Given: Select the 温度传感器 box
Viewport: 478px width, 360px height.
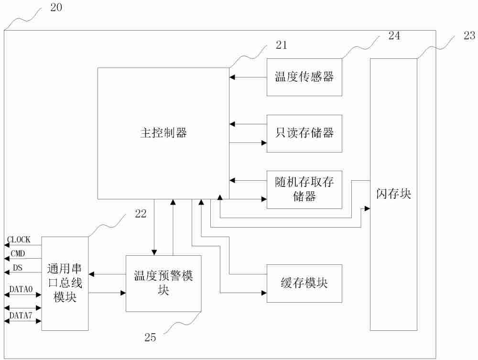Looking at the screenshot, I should click(304, 77).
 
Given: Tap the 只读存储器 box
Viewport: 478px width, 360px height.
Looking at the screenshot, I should click(304, 133).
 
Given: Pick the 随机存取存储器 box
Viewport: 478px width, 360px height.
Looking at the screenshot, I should click(304, 189).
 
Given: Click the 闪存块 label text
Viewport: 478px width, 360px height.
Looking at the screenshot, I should click(393, 194).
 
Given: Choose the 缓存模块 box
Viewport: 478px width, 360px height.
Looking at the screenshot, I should click(304, 283).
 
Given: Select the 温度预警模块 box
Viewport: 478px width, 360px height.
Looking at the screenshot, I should click(163, 283).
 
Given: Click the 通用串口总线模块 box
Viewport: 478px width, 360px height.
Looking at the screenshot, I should click(65, 283).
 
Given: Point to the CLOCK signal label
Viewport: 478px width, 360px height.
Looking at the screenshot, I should click(19, 240).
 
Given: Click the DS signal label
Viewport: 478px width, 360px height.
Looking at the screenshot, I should click(17, 267).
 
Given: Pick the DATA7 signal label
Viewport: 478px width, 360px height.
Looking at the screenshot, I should click(21, 315).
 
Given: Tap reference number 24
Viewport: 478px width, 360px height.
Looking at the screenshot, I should click(394, 36).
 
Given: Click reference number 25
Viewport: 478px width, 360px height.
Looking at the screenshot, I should click(150, 337).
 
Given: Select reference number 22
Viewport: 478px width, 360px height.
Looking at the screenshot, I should click(141, 214).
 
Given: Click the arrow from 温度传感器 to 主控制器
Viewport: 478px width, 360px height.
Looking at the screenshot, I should click(248, 77).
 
